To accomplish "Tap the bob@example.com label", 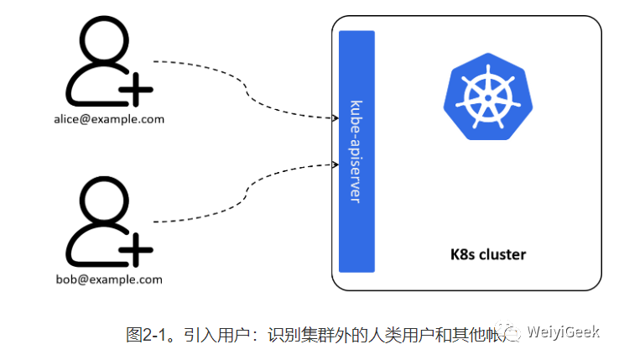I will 114,279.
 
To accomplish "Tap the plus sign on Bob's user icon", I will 136,248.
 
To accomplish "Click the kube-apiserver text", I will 356,151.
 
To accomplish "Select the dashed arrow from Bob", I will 243,193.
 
